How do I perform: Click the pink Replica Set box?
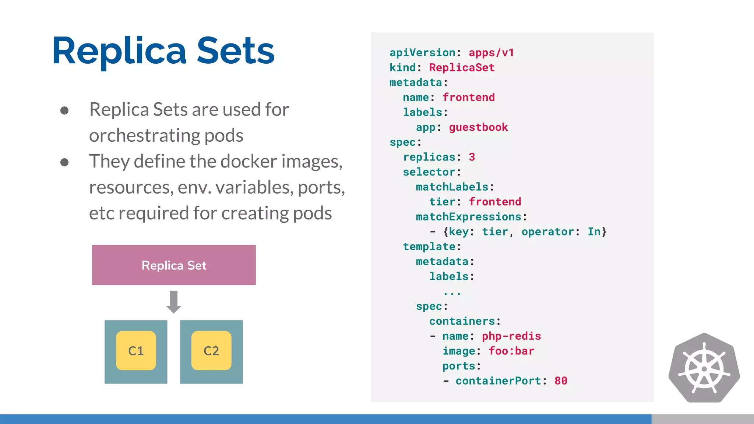click(x=174, y=265)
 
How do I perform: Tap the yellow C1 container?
click(x=136, y=350)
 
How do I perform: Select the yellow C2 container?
click(x=211, y=350)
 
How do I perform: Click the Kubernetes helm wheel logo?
click(x=704, y=368)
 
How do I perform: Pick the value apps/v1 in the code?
click(x=491, y=53)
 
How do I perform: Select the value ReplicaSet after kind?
click(x=462, y=68)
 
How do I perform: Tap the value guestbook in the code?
click(x=478, y=127)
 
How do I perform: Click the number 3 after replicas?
click(x=472, y=157)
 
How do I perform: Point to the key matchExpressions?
click(x=468, y=217)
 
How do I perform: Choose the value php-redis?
click(x=511, y=336)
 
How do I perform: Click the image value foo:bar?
click(x=511, y=351)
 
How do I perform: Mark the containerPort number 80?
click(x=561, y=381)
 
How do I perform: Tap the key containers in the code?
click(x=462, y=321)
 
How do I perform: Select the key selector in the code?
click(x=429, y=172)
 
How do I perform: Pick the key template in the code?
click(x=429, y=247)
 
